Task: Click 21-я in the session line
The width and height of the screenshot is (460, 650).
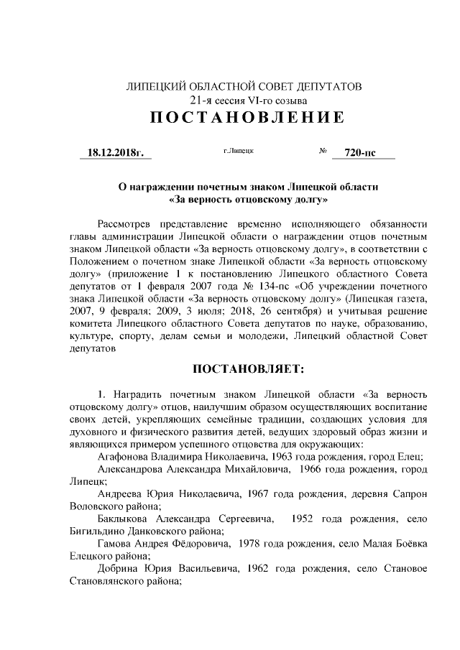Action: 201,101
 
